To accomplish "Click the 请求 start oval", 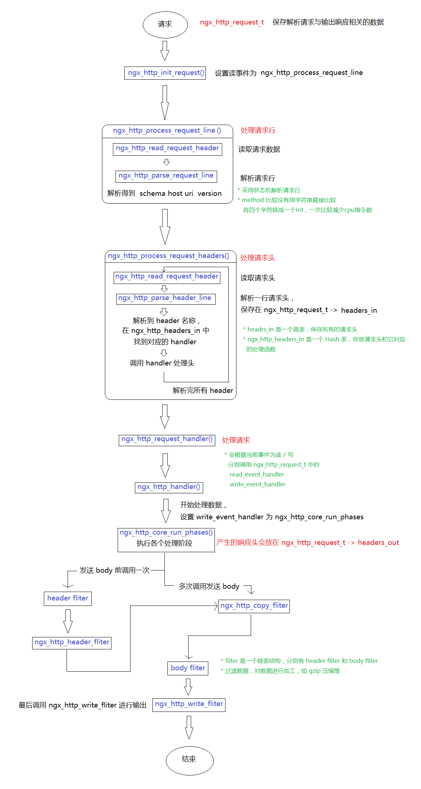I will [165, 24].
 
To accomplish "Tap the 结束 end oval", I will [189, 760].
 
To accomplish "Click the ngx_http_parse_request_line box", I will [166, 176].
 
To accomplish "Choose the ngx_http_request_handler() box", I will [167, 440].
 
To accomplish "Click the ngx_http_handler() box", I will [169, 487].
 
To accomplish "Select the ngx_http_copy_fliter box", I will [254, 606].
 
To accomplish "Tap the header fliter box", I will [68, 598].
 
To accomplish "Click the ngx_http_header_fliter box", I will [72, 642].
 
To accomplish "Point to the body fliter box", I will [188, 668].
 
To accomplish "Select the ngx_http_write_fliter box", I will [189, 704].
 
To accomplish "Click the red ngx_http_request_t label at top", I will [232, 22].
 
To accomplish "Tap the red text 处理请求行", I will [258, 130].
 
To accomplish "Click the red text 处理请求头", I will [257, 258].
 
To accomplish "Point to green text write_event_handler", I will [257, 484].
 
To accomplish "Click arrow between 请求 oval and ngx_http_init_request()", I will [165, 50].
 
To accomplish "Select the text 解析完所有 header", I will [202, 390].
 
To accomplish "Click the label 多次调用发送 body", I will [209, 586].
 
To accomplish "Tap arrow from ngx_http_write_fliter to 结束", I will [189, 727].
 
